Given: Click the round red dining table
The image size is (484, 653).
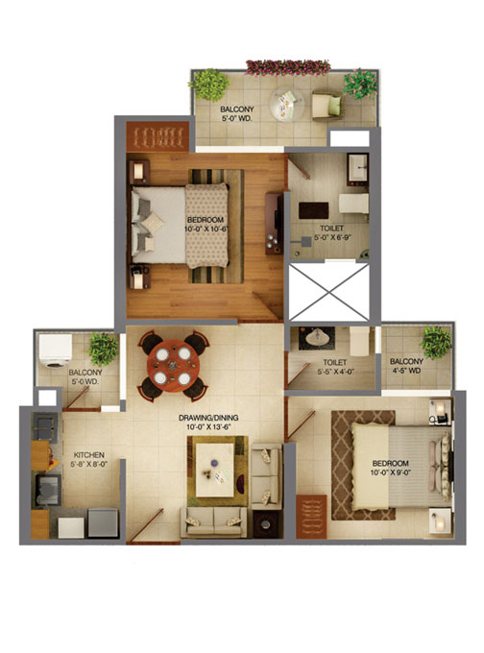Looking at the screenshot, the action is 173,366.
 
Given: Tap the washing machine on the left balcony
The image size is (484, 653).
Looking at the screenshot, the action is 55,351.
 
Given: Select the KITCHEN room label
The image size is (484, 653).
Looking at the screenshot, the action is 89,455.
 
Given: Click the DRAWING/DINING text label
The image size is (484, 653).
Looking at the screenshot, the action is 208,418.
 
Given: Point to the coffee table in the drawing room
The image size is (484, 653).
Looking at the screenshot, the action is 214,470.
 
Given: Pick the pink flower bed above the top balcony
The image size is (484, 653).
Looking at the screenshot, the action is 288,67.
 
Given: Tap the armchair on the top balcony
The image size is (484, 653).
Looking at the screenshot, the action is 327,106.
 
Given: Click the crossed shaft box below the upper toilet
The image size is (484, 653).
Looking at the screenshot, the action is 329,292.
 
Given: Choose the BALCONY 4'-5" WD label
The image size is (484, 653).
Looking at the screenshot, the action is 406,366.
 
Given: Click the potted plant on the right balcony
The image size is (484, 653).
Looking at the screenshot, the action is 436,342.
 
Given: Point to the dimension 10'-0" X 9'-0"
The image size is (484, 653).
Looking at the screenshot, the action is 390,472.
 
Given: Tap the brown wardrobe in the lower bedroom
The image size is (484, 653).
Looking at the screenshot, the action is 311,517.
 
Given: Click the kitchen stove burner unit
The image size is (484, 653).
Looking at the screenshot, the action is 45,427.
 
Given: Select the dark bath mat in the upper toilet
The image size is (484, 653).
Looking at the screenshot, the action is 313,210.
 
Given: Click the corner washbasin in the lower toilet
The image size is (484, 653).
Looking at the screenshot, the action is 318,336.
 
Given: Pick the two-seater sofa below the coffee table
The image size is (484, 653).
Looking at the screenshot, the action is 213,521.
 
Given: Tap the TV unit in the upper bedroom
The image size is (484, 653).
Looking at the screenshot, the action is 274,223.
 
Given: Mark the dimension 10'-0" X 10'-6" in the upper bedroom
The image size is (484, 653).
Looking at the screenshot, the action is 205,229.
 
